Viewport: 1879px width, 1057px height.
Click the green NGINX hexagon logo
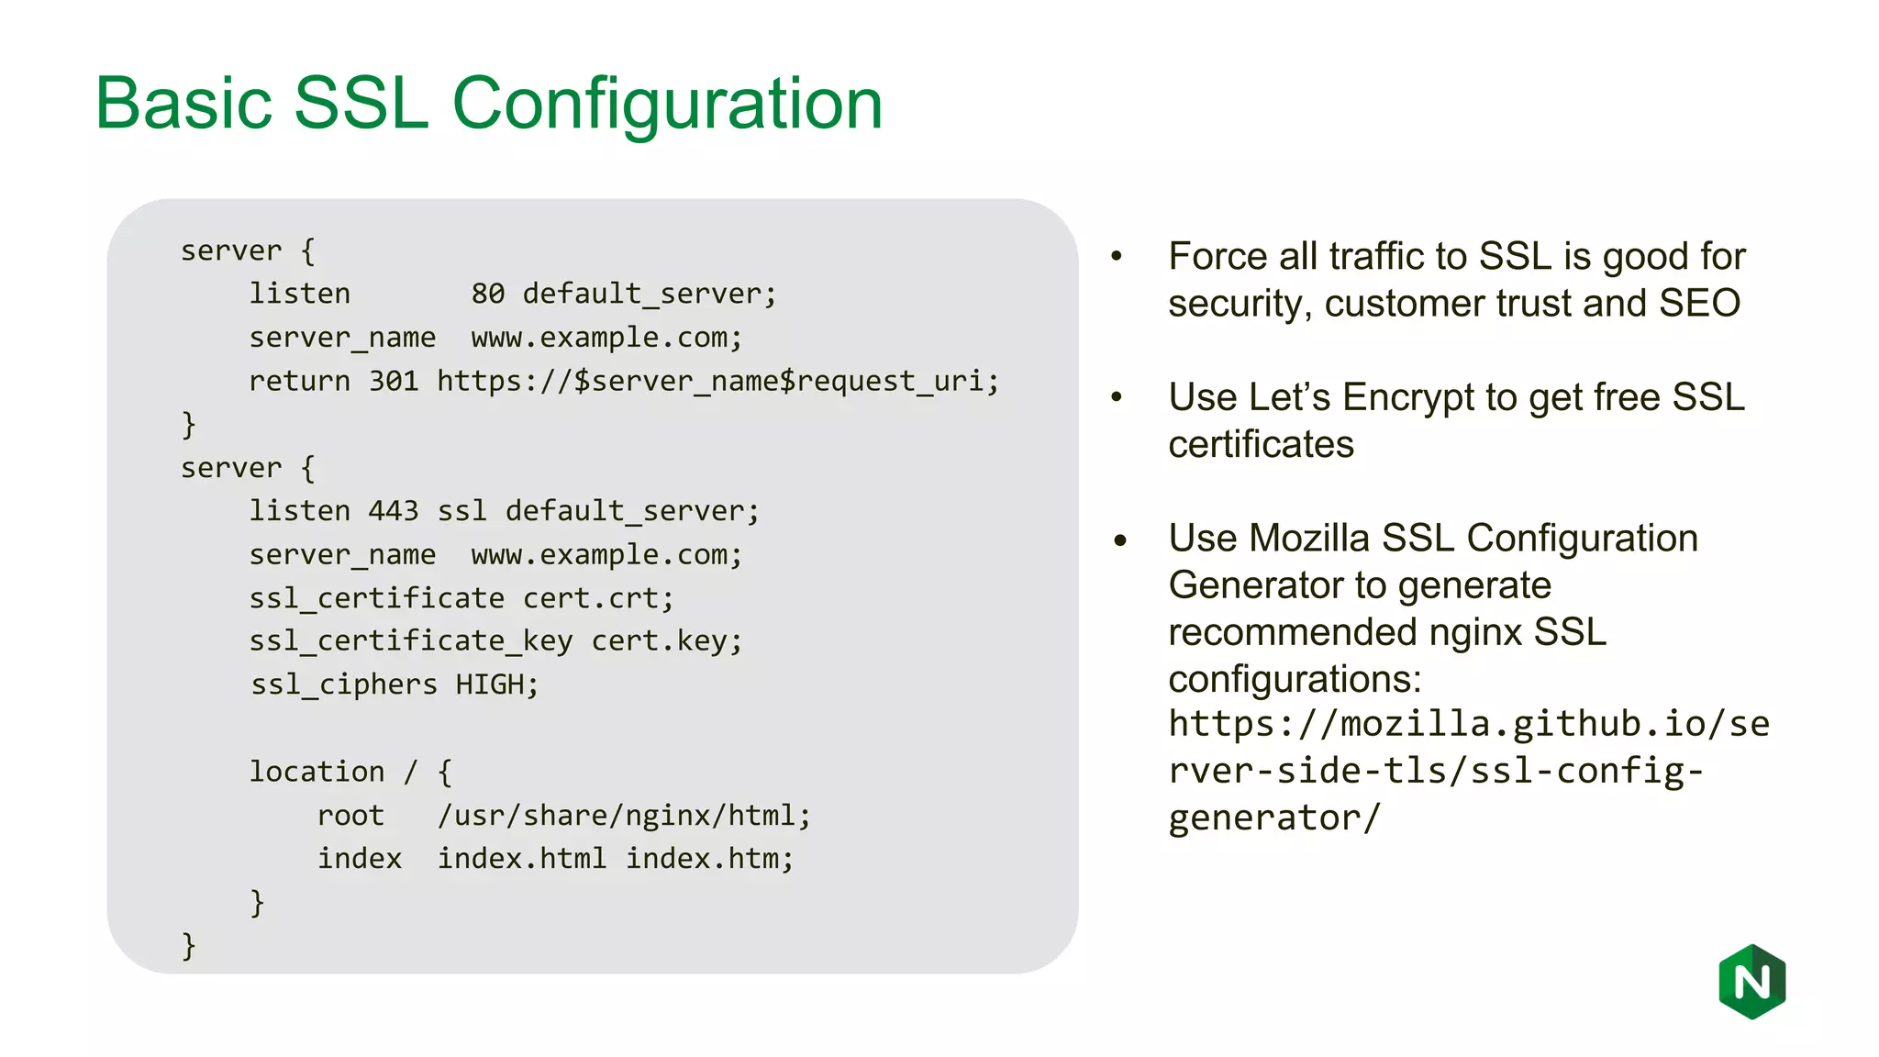point(1751,981)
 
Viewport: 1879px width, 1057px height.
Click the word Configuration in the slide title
point(667,103)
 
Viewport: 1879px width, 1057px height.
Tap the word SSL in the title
point(361,103)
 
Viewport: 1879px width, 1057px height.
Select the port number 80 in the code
point(488,294)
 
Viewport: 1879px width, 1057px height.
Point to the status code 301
point(394,381)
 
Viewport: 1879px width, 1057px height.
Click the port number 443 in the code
point(394,511)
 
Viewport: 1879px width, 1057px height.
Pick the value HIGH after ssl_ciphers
point(491,684)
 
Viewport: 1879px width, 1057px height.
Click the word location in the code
point(317,772)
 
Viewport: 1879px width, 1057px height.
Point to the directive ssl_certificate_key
point(410,640)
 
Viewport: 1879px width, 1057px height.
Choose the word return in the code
point(299,381)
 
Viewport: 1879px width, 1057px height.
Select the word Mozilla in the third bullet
point(1309,539)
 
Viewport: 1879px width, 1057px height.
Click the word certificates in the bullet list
point(1261,444)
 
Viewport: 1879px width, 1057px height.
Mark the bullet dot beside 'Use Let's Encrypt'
point(1117,397)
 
